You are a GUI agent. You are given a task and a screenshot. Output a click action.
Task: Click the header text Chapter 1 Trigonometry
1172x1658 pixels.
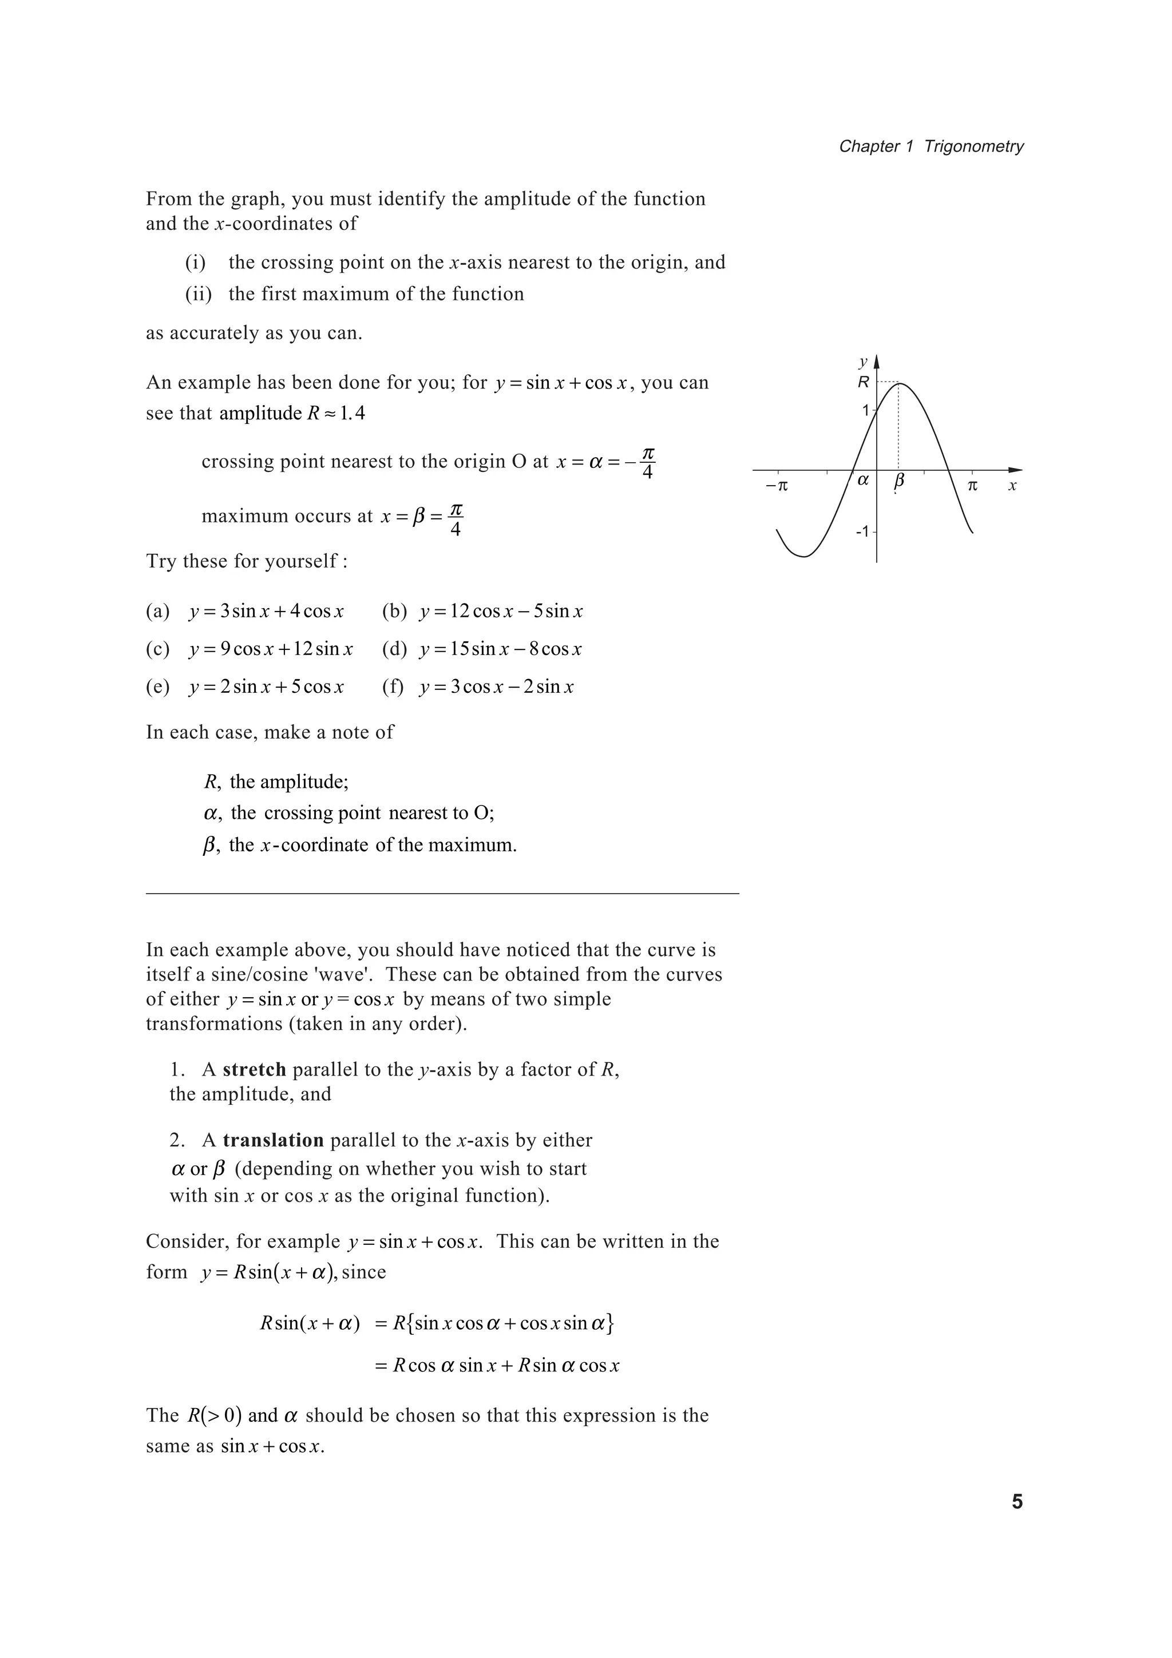(931, 146)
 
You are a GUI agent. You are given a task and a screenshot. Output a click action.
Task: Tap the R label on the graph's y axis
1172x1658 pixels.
(863, 382)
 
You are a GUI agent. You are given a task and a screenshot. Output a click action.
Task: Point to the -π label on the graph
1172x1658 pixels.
(777, 486)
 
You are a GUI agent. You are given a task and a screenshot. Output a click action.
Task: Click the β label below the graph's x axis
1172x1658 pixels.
(898, 481)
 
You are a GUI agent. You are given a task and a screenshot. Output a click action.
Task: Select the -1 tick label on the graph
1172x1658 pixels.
(862, 532)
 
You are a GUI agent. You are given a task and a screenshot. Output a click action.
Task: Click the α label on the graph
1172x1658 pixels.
(863, 479)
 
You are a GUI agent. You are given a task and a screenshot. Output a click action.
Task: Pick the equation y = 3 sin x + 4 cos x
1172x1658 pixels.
(266, 612)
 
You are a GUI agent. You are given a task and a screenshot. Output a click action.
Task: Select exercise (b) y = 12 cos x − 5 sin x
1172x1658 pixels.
(500, 612)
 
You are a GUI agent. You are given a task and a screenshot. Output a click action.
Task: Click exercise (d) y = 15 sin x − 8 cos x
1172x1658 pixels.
(500, 649)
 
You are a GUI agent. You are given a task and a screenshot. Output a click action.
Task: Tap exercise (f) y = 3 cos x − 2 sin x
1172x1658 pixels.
(496, 687)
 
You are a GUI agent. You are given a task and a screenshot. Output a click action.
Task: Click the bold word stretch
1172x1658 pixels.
(254, 1069)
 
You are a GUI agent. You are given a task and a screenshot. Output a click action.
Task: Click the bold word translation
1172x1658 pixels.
(273, 1140)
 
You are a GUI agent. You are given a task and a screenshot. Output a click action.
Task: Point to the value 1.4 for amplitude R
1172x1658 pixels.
(353, 414)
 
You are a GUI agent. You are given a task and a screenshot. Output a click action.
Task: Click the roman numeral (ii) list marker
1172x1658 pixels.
(198, 294)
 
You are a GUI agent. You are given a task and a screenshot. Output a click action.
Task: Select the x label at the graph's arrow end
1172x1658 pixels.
(1012, 486)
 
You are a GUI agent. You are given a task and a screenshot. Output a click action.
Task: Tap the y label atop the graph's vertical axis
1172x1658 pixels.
(862, 360)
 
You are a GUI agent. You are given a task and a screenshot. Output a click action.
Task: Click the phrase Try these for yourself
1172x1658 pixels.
(246, 561)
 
